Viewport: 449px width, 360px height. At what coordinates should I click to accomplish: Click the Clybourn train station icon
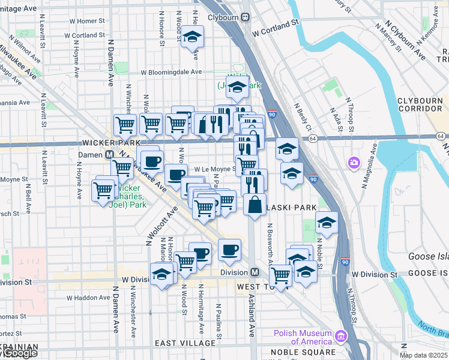click(x=246, y=17)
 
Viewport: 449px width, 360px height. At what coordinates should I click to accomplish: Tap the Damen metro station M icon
click(x=110, y=154)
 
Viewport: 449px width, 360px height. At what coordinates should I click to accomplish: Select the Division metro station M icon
click(x=255, y=272)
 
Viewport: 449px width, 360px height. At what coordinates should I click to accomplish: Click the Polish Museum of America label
click(x=303, y=338)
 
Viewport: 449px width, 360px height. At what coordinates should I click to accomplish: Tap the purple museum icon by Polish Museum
click(x=342, y=335)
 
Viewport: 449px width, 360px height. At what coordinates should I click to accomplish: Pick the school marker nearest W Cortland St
click(x=193, y=37)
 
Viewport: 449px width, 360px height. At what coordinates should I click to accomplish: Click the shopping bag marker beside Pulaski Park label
click(x=255, y=204)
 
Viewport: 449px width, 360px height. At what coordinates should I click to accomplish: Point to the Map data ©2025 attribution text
click(x=424, y=355)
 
